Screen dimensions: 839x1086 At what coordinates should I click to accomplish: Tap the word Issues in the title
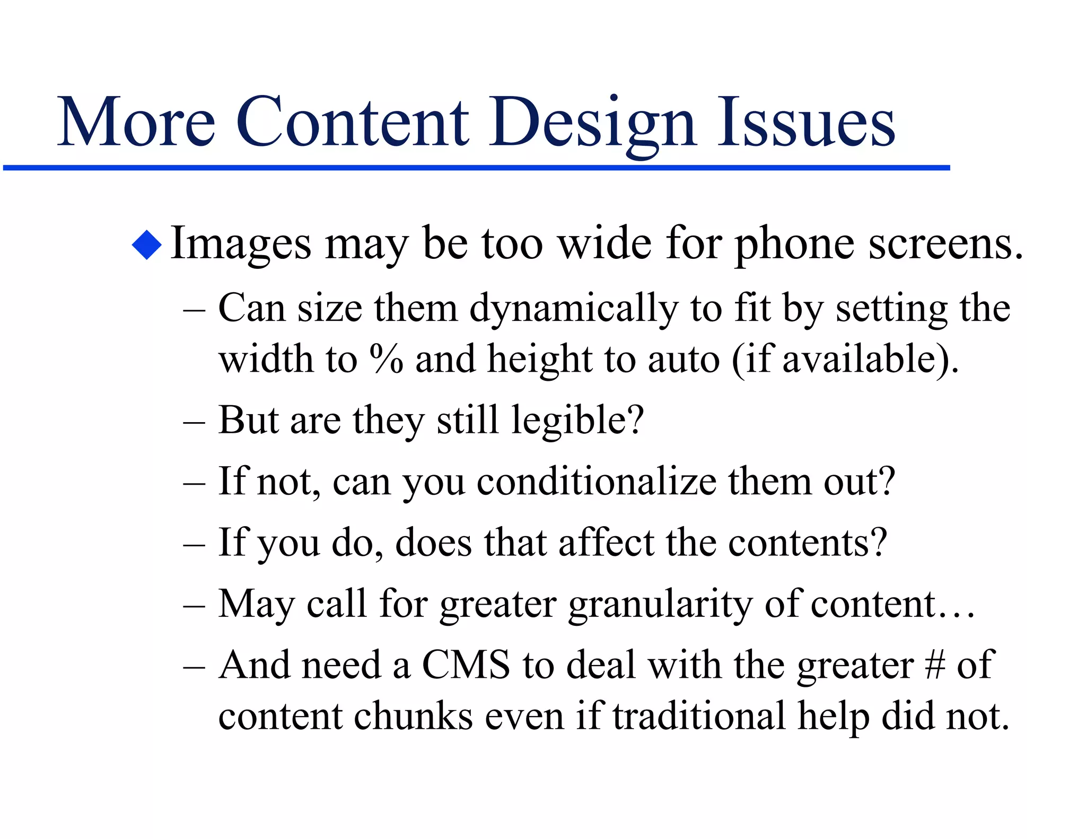point(806,123)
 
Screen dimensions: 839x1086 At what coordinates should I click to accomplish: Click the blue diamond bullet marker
point(147,245)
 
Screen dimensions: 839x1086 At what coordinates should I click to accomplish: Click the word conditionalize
point(597,482)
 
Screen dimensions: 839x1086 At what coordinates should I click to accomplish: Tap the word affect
point(606,543)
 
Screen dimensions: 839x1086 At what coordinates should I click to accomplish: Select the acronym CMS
point(466,665)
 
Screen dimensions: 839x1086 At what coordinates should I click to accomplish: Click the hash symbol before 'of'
point(935,665)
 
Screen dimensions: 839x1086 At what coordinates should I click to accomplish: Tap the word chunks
point(413,716)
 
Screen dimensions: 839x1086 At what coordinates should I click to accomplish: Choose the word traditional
point(699,716)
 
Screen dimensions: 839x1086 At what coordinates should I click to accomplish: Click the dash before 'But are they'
point(194,423)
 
